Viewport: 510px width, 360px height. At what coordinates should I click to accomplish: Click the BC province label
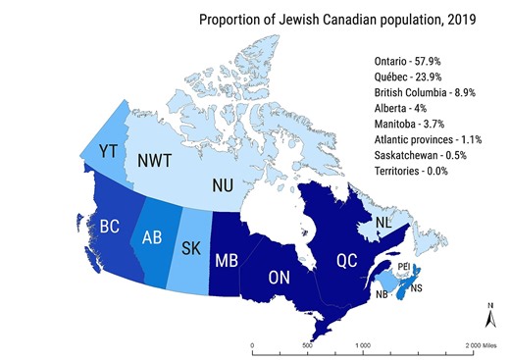[x=109, y=228]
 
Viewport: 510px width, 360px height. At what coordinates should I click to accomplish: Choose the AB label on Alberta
[x=152, y=237]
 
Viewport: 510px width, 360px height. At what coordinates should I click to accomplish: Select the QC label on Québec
[x=348, y=261]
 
